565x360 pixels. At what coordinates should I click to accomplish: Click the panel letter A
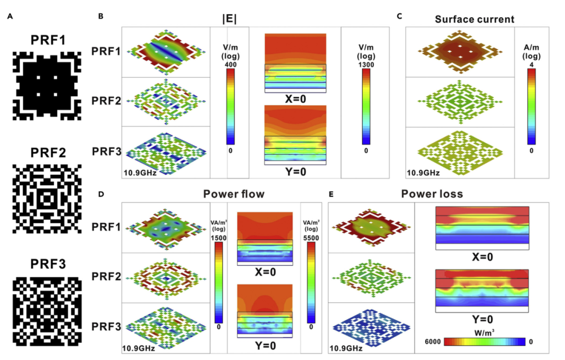click(x=10, y=16)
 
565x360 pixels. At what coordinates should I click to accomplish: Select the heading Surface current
click(x=474, y=20)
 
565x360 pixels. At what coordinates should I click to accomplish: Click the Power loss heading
click(x=432, y=194)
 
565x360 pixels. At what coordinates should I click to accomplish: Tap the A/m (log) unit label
click(x=532, y=52)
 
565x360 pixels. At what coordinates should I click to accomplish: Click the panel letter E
click(x=331, y=194)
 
